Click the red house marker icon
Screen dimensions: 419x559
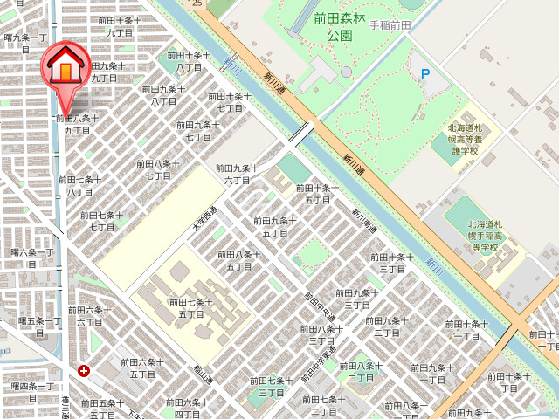coord(66,66)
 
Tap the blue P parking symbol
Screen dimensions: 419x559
coord(425,74)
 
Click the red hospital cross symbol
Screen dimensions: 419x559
coord(83,371)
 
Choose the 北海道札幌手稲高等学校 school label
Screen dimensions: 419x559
coord(472,236)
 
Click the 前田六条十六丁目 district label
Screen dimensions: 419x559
coord(89,315)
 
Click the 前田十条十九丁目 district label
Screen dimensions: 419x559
coord(119,25)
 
